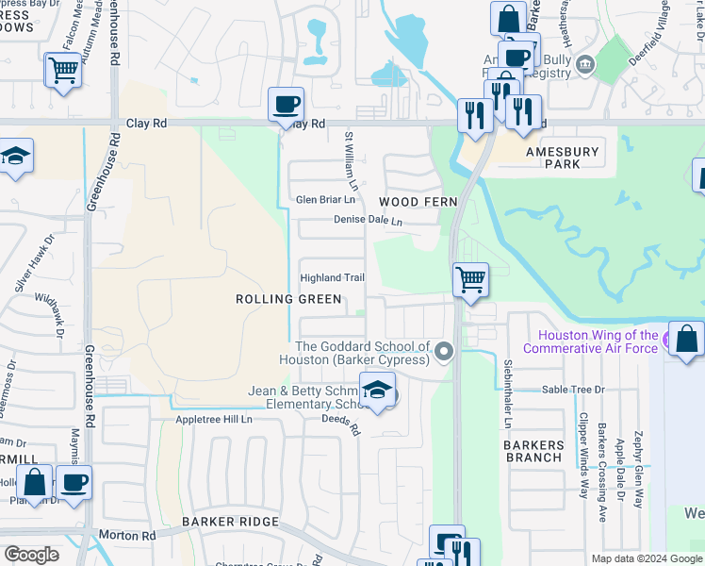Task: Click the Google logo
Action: pos(31,555)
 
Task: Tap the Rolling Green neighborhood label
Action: pos(288,299)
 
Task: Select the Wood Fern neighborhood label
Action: pos(418,202)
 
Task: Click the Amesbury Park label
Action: pos(562,158)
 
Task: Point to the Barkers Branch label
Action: pos(533,451)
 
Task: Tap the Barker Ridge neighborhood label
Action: pos(231,522)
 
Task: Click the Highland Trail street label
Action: pos(332,277)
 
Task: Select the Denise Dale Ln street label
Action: pos(368,221)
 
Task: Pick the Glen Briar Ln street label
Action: pos(326,200)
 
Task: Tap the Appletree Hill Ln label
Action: pos(214,419)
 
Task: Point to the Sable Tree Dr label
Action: pos(572,389)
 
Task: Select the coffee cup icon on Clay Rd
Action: pos(286,105)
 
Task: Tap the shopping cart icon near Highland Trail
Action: pos(470,279)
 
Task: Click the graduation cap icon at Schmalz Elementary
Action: pos(377,390)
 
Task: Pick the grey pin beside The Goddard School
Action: pos(446,353)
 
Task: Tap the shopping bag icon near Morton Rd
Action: pos(35,482)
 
